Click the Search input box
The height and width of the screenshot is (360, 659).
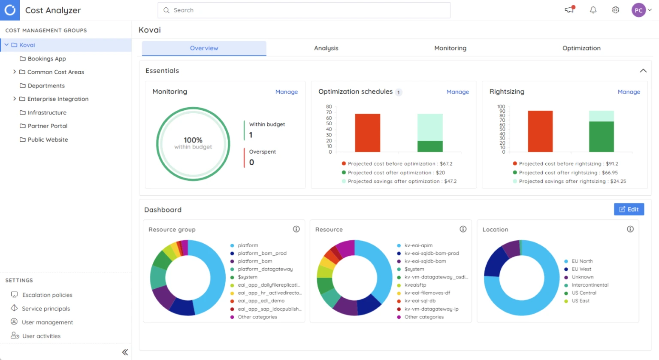(x=305, y=10)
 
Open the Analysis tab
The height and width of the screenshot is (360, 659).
(x=326, y=48)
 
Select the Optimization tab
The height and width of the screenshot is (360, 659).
(x=581, y=48)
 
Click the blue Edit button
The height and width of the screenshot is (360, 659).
(x=629, y=209)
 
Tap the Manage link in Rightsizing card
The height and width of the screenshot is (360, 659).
(x=629, y=92)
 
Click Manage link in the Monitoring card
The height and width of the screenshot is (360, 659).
(x=286, y=92)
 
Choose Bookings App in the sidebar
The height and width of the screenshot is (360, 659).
(x=47, y=59)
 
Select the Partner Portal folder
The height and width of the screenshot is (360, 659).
(x=47, y=126)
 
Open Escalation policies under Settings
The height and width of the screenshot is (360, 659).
(x=47, y=295)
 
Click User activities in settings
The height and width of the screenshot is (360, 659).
(x=41, y=336)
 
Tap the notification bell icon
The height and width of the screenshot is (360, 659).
(x=593, y=10)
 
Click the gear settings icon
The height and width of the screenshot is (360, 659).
(x=615, y=10)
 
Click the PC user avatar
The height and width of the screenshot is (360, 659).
(x=638, y=10)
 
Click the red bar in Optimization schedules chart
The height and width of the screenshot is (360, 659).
(x=367, y=133)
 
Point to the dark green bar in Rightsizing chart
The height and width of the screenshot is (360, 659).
(x=601, y=136)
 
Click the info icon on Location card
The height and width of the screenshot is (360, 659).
(x=630, y=229)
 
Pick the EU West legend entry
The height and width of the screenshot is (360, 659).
(x=581, y=269)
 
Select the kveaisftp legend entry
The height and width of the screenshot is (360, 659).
(x=415, y=285)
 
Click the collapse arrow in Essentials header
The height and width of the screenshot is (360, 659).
(x=643, y=71)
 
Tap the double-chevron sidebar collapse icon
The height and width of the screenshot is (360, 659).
(x=125, y=352)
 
